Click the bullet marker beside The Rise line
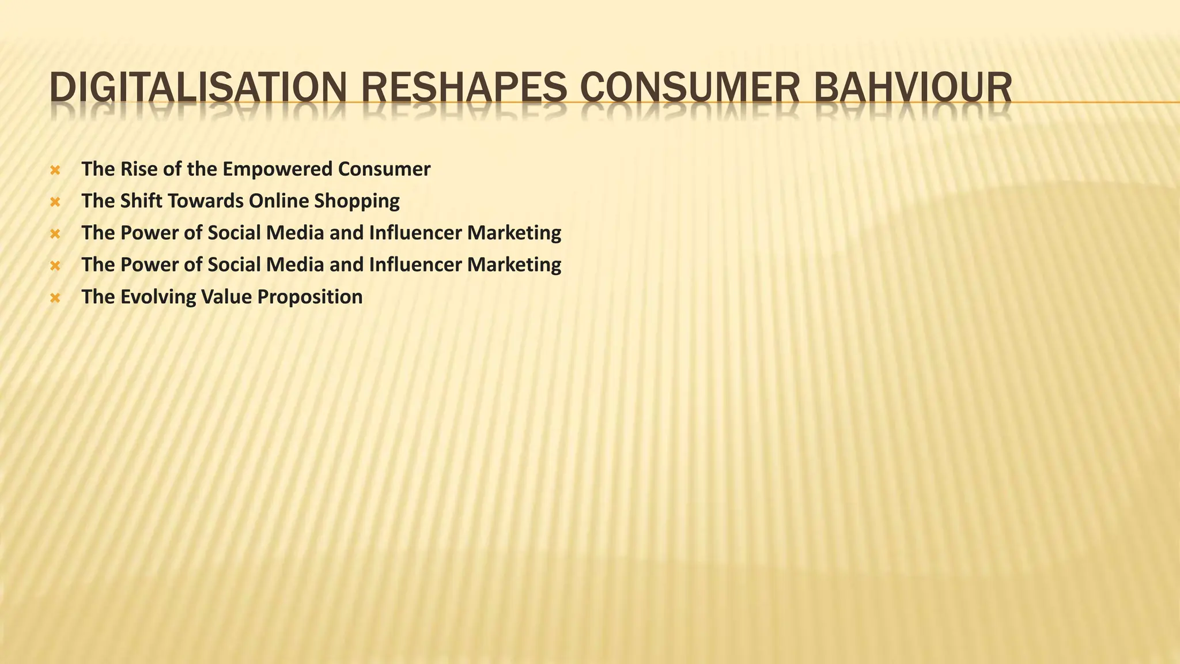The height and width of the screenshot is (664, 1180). click(x=55, y=170)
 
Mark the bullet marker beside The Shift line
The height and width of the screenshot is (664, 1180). click(x=55, y=202)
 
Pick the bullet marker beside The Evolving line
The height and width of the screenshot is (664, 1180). click(x=55, y=298)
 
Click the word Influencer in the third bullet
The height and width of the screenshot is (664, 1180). click(x=415, y=233)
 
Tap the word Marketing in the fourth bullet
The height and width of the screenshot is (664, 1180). click(x=514, y=265)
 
